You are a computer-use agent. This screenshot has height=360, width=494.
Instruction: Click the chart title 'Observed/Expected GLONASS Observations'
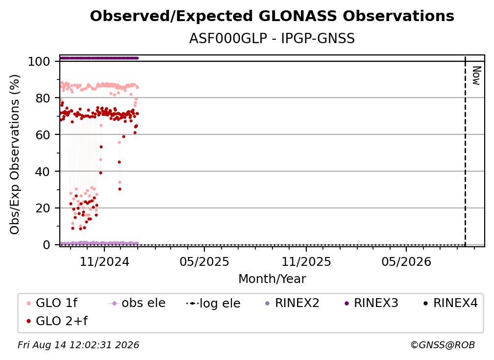(x=272, y=16)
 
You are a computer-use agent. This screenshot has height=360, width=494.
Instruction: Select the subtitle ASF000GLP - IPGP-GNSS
(x=272, y=39)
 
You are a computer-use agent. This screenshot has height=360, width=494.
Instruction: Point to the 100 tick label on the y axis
(x=39, y=61)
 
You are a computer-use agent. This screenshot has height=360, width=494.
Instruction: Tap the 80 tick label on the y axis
(x=43, y=99)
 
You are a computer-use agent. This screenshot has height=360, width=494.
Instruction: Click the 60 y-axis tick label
(x=43, y=135)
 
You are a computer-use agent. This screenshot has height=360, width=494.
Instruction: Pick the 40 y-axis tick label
(x=43, y=172)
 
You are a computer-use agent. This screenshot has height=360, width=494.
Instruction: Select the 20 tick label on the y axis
(x=43, y=208)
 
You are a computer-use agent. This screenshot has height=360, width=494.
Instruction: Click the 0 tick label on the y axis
(x=47, y=245)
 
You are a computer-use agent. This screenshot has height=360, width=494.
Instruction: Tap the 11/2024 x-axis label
(x=104, y=261)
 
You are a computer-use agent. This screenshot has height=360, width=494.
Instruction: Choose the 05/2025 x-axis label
(x=204, y=261)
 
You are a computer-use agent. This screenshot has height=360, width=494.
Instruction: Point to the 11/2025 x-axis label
(x=306, y=261)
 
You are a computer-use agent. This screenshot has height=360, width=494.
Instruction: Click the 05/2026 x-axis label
(x=406, y=261)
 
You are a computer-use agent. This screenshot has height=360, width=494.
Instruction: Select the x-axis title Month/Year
(x=272, y=279)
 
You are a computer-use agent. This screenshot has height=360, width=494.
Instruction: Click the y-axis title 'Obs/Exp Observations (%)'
(x=15, y=154)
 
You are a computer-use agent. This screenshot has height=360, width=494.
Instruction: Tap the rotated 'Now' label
(x=476, y=76)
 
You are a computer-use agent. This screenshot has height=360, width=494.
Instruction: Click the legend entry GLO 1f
(x=52, y=303)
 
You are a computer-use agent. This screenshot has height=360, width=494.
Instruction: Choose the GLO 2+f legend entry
(x=57, y=321)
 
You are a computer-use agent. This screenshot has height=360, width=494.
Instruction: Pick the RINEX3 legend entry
(x=371, y=303)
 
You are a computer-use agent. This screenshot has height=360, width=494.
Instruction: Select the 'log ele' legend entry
(x=213, y=303)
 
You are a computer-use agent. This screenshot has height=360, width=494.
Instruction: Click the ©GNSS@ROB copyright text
(x=443, y=345)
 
